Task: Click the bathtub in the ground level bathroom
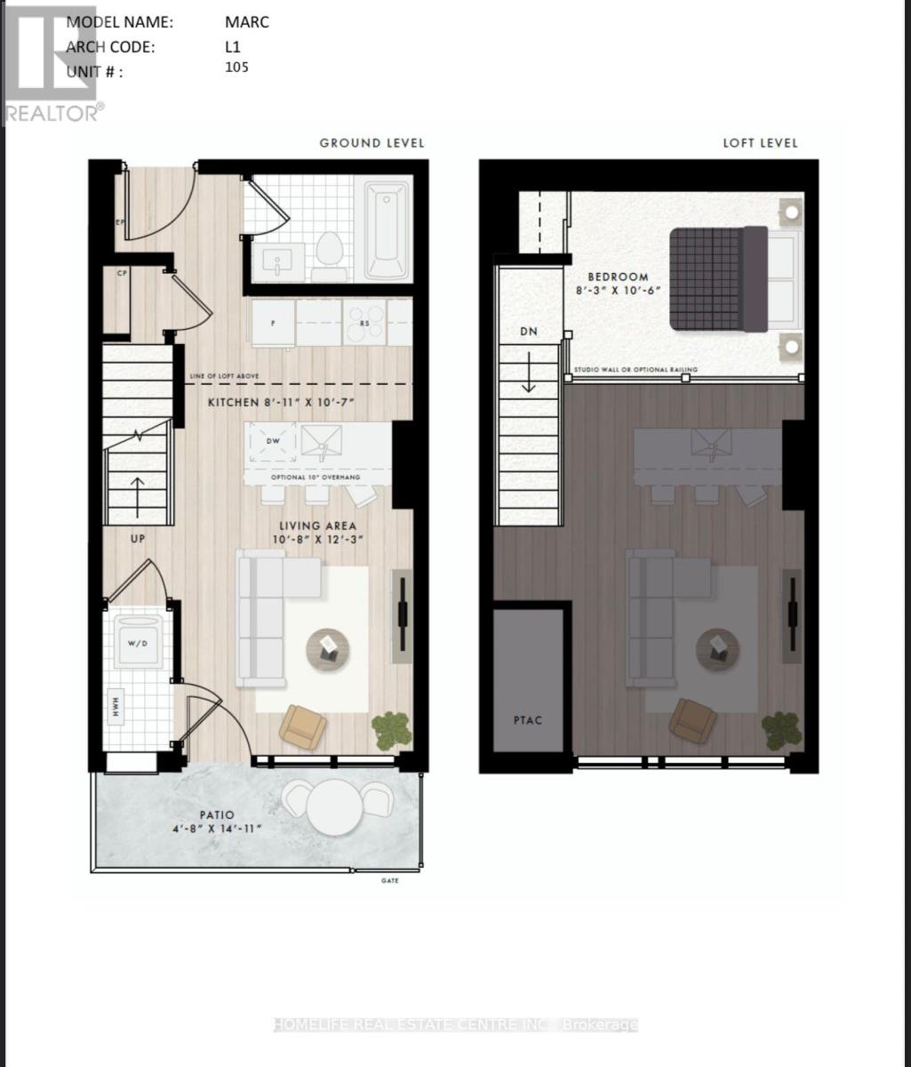coord(388,230)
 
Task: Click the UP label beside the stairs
coord(137,539)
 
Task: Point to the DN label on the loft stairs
coord(530,330)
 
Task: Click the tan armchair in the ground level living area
coord(301,726)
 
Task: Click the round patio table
coord(334,807)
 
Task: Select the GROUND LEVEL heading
coord(372,143)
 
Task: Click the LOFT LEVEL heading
coord(760,143)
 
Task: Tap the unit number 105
coord(236,68)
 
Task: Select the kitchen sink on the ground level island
coord(322,442)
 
